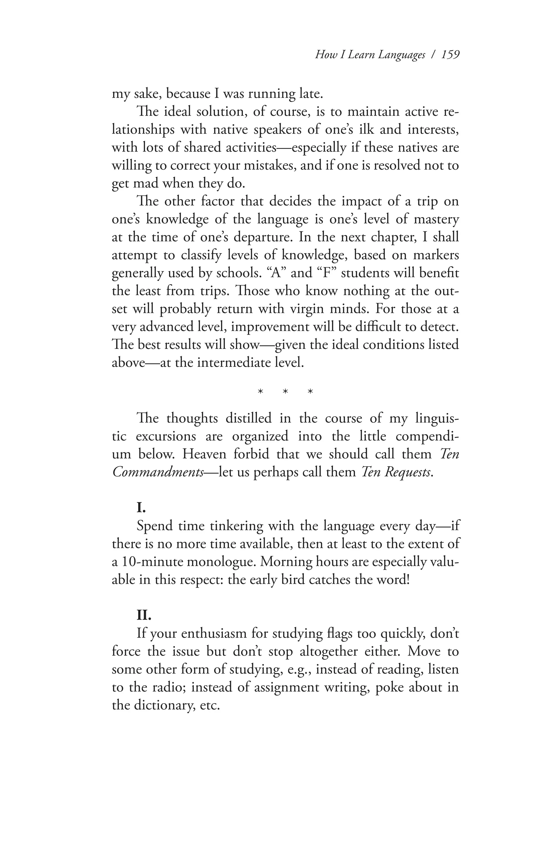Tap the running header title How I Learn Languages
coord(370,55)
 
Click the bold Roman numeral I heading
coord(141,508)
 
